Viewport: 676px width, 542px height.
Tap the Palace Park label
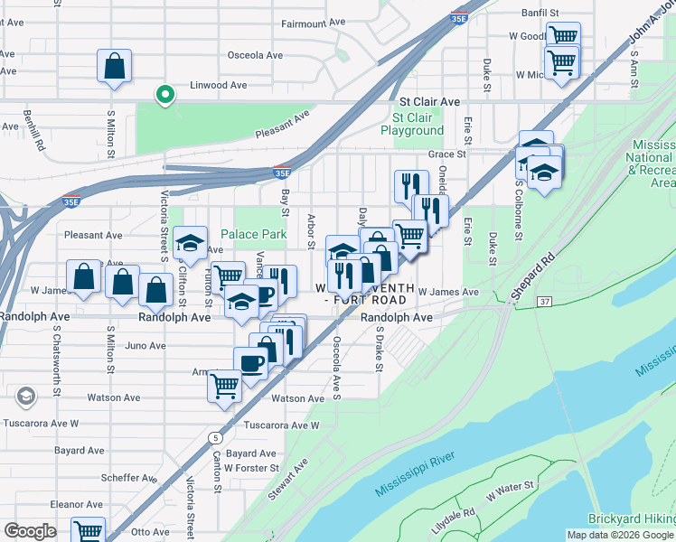point(260,235)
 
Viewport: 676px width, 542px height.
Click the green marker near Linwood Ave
point(164,94)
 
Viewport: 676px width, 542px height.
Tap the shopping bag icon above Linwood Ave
point(115,67)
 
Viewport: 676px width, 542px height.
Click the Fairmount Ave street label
point(314,23)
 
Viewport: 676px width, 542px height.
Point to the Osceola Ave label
point(256,55)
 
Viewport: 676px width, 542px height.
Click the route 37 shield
point(543,300)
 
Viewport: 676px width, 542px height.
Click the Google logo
point(30,531)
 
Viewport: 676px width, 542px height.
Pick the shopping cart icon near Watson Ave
point(224,385)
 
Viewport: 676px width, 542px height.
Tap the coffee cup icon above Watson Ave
point(250,362)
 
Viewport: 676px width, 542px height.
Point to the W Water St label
point(511,488)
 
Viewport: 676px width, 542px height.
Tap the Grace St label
point(446,154)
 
